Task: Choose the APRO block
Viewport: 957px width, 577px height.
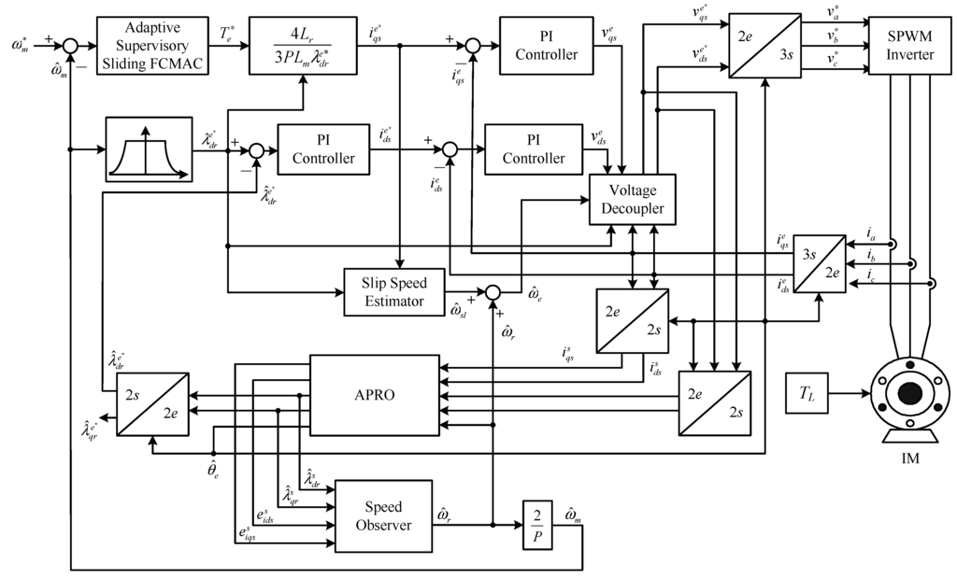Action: pos(374,394)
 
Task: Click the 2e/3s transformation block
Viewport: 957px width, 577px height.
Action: pos(764,46)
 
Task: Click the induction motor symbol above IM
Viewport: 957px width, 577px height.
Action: pos(907,398)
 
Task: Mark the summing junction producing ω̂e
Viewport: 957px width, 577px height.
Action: pos(493,292)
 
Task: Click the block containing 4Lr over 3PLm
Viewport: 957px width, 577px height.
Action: pos(302,44)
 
